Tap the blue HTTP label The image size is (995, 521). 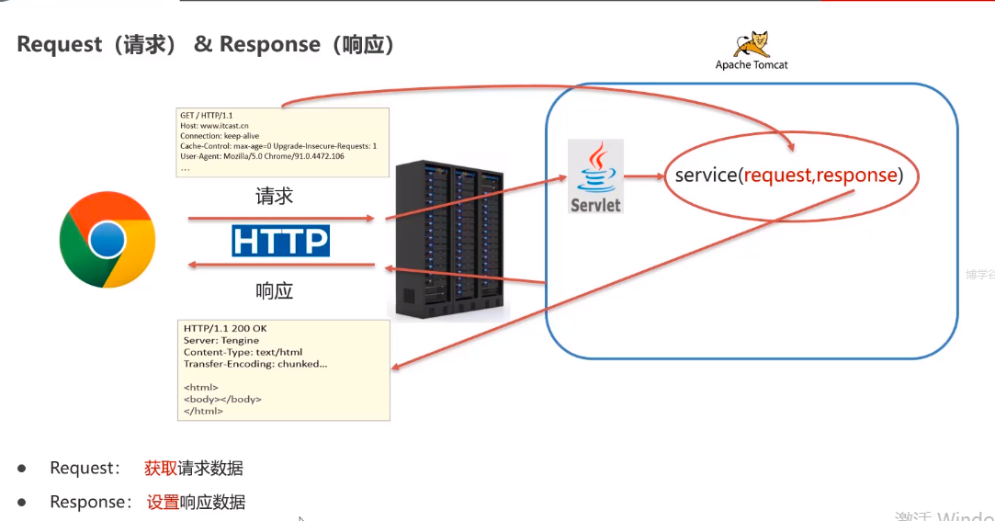point(280,241)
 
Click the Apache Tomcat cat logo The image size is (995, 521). point(752,43)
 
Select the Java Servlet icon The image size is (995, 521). point(595,176)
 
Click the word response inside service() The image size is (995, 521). point(856,176)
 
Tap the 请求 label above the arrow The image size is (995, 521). point(274,196)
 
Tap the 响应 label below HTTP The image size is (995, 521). point(274,291)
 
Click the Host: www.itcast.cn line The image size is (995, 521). point(214,126)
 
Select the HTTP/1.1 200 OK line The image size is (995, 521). point(225,329)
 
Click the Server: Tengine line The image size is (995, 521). point(221,341)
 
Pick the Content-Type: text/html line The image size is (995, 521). point(243,353)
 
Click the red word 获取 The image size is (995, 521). point(161,468)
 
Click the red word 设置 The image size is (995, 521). point(163,502)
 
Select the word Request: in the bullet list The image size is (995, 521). point(85,468)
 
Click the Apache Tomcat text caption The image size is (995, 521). point(752,65)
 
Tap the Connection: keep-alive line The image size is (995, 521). point(220,136)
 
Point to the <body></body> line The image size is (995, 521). point(222,400)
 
